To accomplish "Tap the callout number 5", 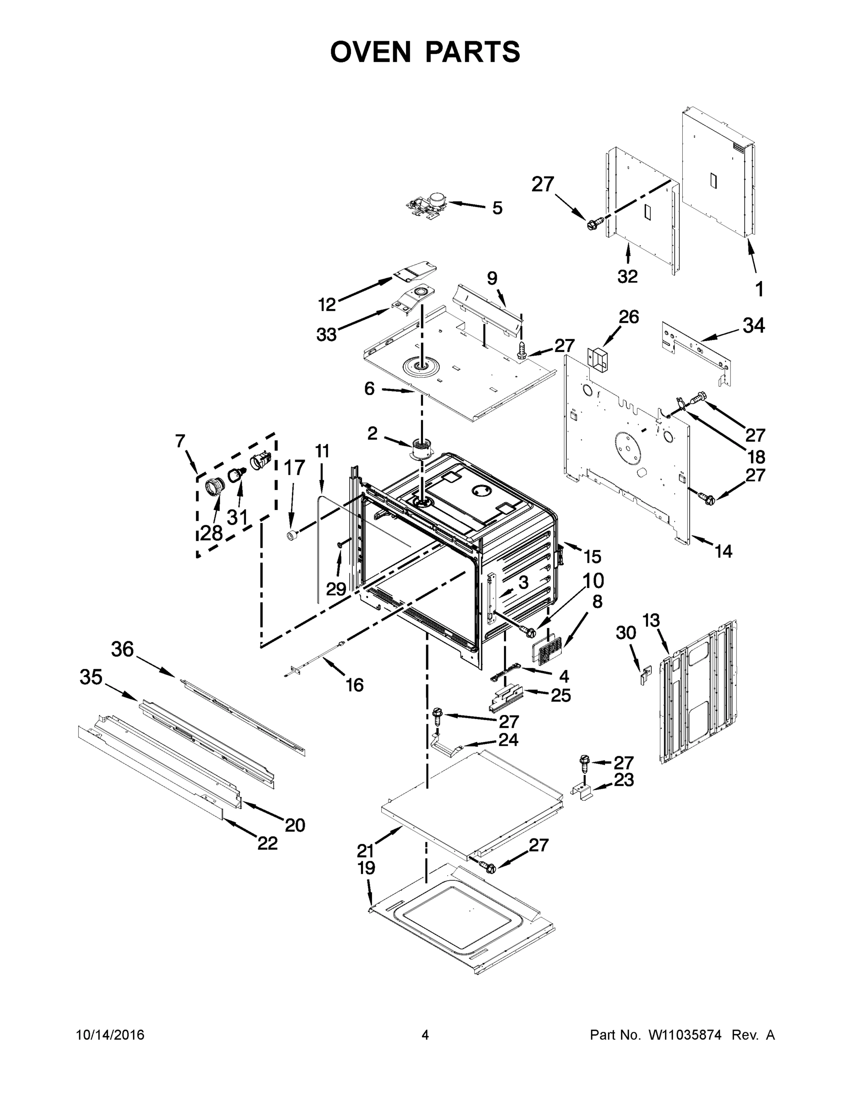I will pyautogui.click(x=497, y=208).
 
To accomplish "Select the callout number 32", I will pyautogui.click(x=627, y=276).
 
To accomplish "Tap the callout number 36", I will pyautogui.click(x=122, y=649).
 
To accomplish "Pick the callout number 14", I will pyautogui.click(x=723, y=551).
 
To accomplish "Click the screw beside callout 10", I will pyautogui.click(x=528, y=630).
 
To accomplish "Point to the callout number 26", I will pyautogui.click(x=628, y=317).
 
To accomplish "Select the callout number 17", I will pyautogui.click(x=295, y=468).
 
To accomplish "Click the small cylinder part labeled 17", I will pyautogui.click(x=291, y=535).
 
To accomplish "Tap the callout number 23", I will pyautogui.click(x=623, y=780).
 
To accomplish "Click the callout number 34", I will pyautogui.click(x=753, y=326).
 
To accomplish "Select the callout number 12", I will pyautogui.click(x=327, y=305).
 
